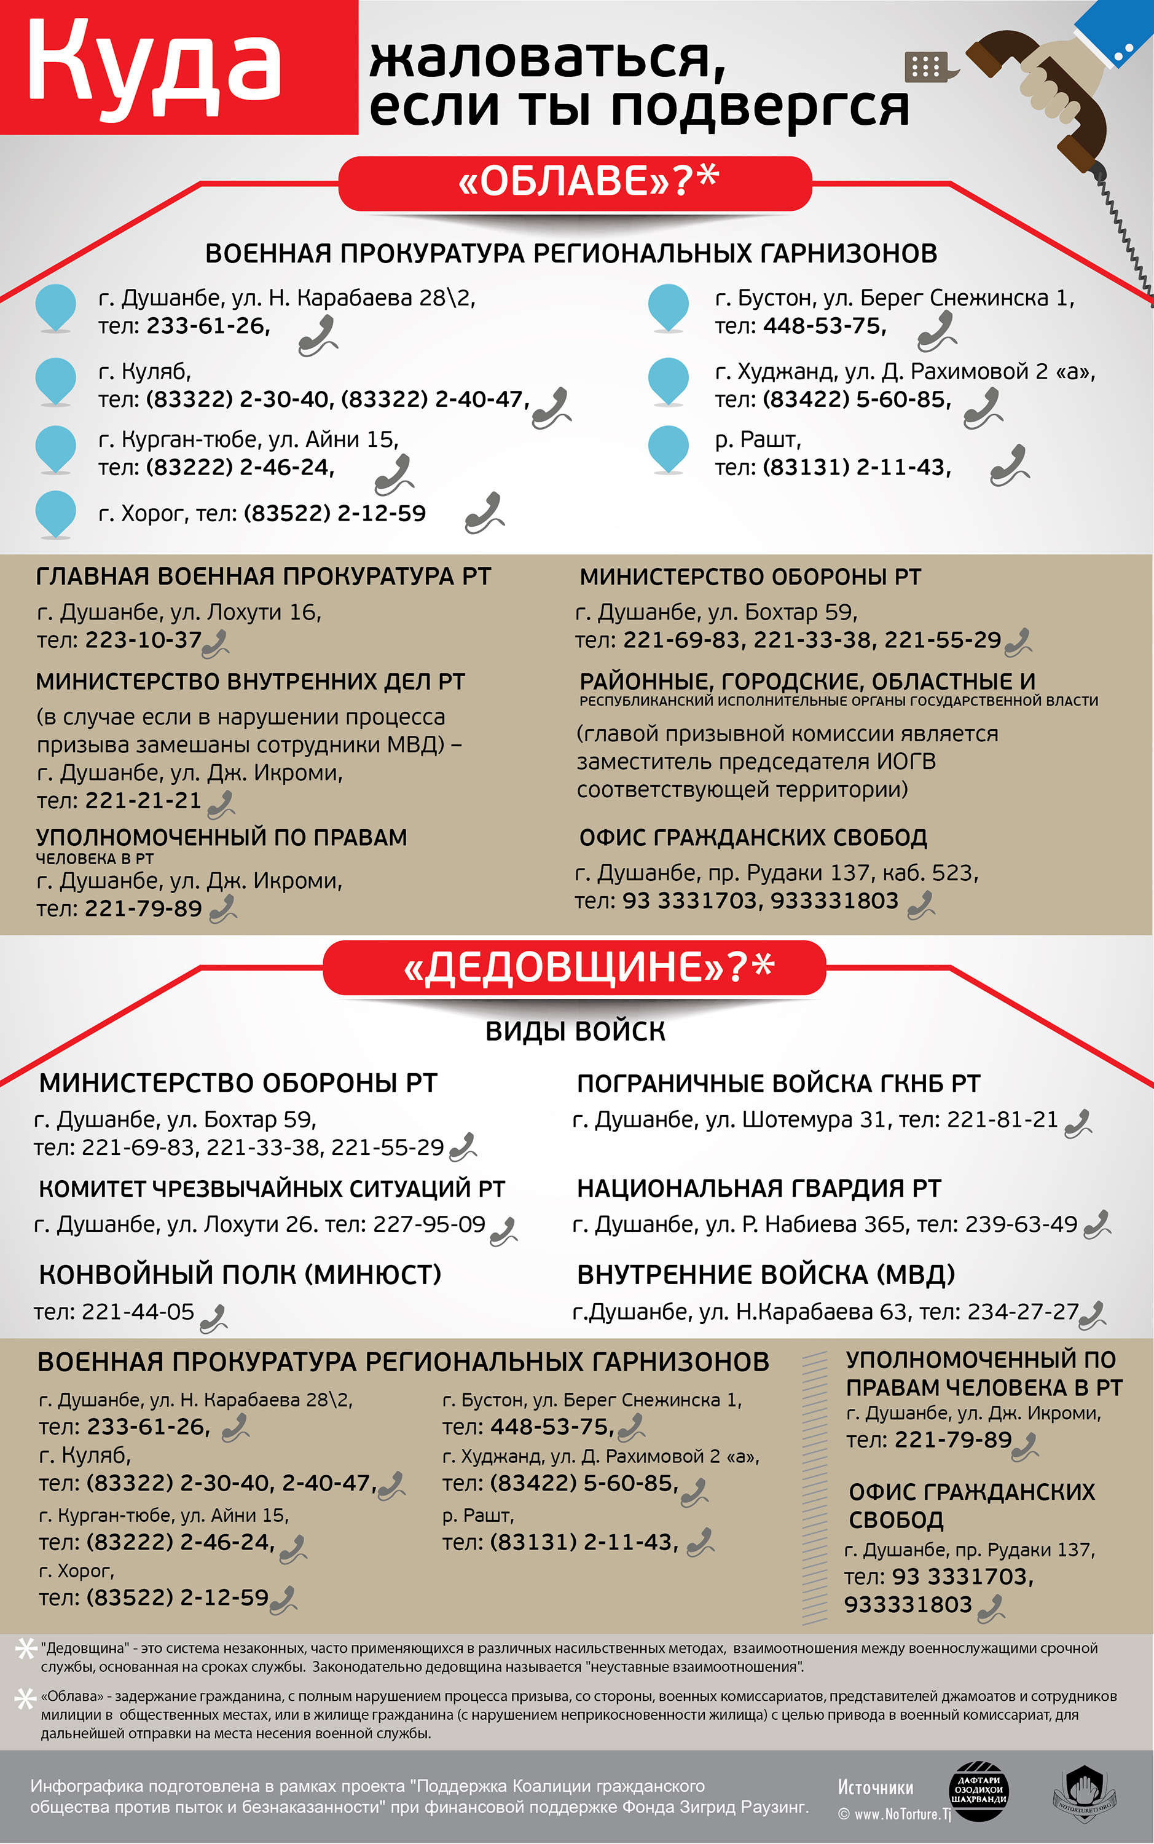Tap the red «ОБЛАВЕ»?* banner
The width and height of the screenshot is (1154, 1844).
[575, 183]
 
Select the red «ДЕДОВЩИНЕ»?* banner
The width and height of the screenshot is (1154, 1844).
[575, 967]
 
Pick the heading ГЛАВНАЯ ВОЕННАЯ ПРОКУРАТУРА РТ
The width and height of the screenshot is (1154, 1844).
[264, 577]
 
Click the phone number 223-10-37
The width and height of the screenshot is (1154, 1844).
[144, 640]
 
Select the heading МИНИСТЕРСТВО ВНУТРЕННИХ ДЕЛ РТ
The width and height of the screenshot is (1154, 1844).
[250, 682]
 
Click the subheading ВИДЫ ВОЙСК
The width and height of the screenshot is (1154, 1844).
[576, 1032]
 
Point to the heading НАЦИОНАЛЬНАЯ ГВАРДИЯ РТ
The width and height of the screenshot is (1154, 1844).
[759, 1188]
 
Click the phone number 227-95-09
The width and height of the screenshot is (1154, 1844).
[429, 1224]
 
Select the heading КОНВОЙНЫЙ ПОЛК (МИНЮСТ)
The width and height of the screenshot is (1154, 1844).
[240, 1275]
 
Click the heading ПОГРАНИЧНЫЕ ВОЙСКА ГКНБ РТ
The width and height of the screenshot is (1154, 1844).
[779, 1084]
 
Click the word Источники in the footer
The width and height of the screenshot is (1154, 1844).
[876, 1787]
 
